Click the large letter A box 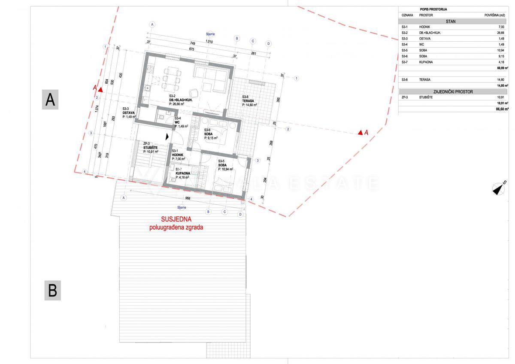tap(50, 100)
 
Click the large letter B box tap(52, 291)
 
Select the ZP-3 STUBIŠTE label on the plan tap(151, 147)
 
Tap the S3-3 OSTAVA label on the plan tap(129, 112)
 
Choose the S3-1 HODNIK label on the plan tap(178, 155)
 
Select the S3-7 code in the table tap(404, 62)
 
